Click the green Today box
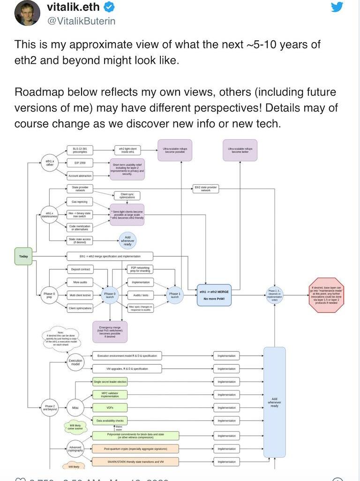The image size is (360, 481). click(x=23, y=256)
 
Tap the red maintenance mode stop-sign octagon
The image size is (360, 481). click(x=327, y=295)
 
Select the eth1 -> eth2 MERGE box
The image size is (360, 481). click(x=214, y=295)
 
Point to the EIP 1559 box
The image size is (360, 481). click(x=80, y=163)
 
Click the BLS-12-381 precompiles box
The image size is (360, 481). click(x=80, y=150)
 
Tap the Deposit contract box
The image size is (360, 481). click(x=80, y=270)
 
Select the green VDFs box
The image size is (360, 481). click(x=109, y=407)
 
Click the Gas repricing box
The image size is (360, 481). click(x=80, y=202)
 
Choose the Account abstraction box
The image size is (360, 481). click(x=80, y=176)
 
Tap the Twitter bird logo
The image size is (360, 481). click(x=337, y=7)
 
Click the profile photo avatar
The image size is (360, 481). click(x=27, y=13)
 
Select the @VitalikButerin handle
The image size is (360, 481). click(x=81, y=21)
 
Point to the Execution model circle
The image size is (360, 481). click(x=75, y=362)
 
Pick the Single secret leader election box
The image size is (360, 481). click(x=110, y=382)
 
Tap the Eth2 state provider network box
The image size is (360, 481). click(x=206, y=188)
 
